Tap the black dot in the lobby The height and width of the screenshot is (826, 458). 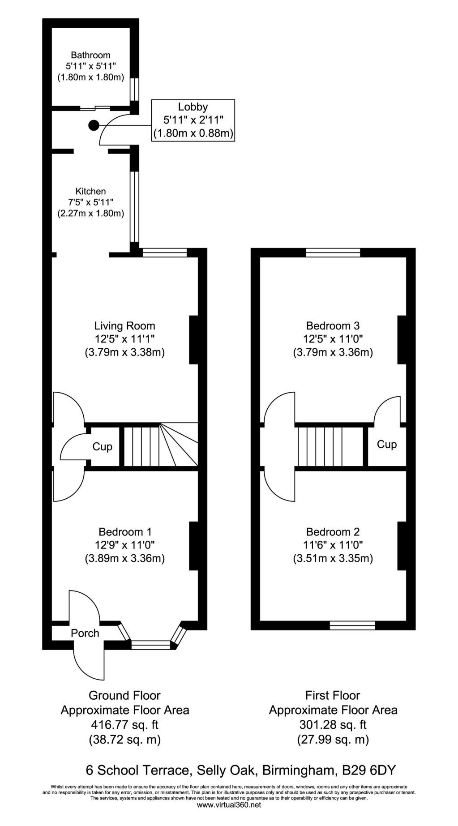tap(93, 126)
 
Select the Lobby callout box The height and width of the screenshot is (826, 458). tap(193, 120)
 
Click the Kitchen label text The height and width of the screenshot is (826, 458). tap(90, 191)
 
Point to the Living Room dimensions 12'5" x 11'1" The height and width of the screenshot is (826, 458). tap(125, 339)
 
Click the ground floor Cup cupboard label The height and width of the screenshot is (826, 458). tap(103, 447)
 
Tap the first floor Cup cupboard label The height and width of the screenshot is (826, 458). tap(387, 445)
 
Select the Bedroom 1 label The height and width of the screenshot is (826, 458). tap(125, 532)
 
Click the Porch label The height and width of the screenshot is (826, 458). tap(85, 633)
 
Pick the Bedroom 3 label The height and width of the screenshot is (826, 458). tap(333, 325)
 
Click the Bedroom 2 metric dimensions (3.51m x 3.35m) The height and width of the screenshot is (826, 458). tap(333, 559)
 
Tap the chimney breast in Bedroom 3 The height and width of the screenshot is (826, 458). tap(402, 339)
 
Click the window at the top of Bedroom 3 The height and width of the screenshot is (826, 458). tap(333, 253)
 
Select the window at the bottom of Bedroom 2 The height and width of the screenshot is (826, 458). tap(352, 625)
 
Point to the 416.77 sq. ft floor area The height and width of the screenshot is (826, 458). tap(125, 724)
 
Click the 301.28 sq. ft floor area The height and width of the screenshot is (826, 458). tap(333, 724)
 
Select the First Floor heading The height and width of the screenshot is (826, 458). tap(333, 695)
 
